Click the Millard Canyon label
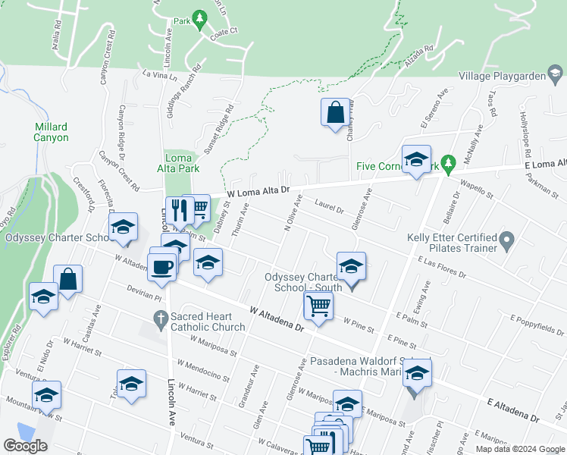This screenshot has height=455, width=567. click(51, 132)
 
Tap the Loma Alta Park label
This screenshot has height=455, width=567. click(177, 164)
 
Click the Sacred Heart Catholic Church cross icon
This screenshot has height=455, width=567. click(160, 321)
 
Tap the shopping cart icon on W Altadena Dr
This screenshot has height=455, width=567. click(318, 306)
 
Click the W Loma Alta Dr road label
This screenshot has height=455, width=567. click(259, 194)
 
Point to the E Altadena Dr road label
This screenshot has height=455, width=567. click(512, 412)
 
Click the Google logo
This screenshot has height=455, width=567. click(26, 445)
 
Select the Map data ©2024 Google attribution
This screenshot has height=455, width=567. click(519, 449)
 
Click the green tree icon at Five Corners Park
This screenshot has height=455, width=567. click(448, 163)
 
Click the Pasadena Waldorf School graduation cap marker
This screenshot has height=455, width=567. click(416, 372)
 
